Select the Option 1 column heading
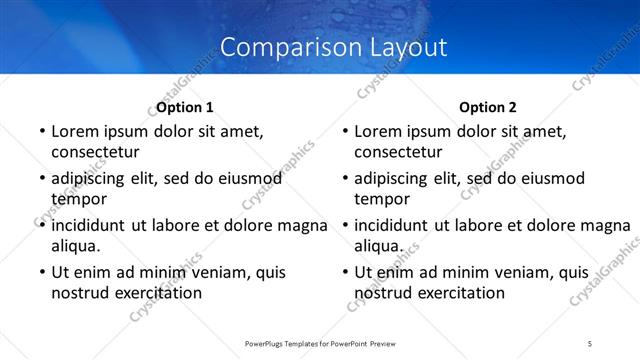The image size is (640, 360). click(185, 107)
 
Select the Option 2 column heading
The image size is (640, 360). click(488, 107)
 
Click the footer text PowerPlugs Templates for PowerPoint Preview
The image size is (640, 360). click(320, 343)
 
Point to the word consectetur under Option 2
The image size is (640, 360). click(398, 152)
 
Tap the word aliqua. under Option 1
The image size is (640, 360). click(76, 246)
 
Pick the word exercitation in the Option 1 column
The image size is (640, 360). click(158, 293)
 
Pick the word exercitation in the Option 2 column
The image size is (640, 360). click(462, 293)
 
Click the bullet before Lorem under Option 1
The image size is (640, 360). click(41, 132)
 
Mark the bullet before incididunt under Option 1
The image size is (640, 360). click(41, 226)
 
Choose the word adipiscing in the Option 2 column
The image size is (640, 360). click(396, 179)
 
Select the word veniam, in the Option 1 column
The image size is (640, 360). click(222, 272)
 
